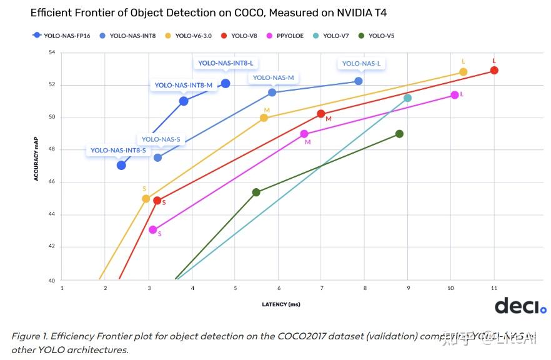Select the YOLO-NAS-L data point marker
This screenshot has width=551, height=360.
point(358,81)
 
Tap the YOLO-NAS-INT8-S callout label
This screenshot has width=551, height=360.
point(118,151)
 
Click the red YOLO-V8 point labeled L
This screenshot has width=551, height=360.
point(494,71)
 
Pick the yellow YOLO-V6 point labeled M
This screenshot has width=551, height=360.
point(264,117)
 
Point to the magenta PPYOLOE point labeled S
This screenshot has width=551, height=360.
point(153,230)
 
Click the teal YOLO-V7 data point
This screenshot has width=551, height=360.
point(407,98)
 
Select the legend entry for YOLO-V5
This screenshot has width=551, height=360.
point(377,36)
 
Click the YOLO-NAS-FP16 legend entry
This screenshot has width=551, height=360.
point(62,36)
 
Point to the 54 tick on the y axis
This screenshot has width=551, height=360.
point(52,52)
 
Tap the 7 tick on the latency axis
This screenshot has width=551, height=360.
point(321,288)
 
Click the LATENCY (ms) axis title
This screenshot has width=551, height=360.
point(280,304)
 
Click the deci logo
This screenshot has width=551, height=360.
point(520,306)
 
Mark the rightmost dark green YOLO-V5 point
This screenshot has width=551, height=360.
point(399,134)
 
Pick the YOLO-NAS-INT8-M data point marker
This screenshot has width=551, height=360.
point(184,101)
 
